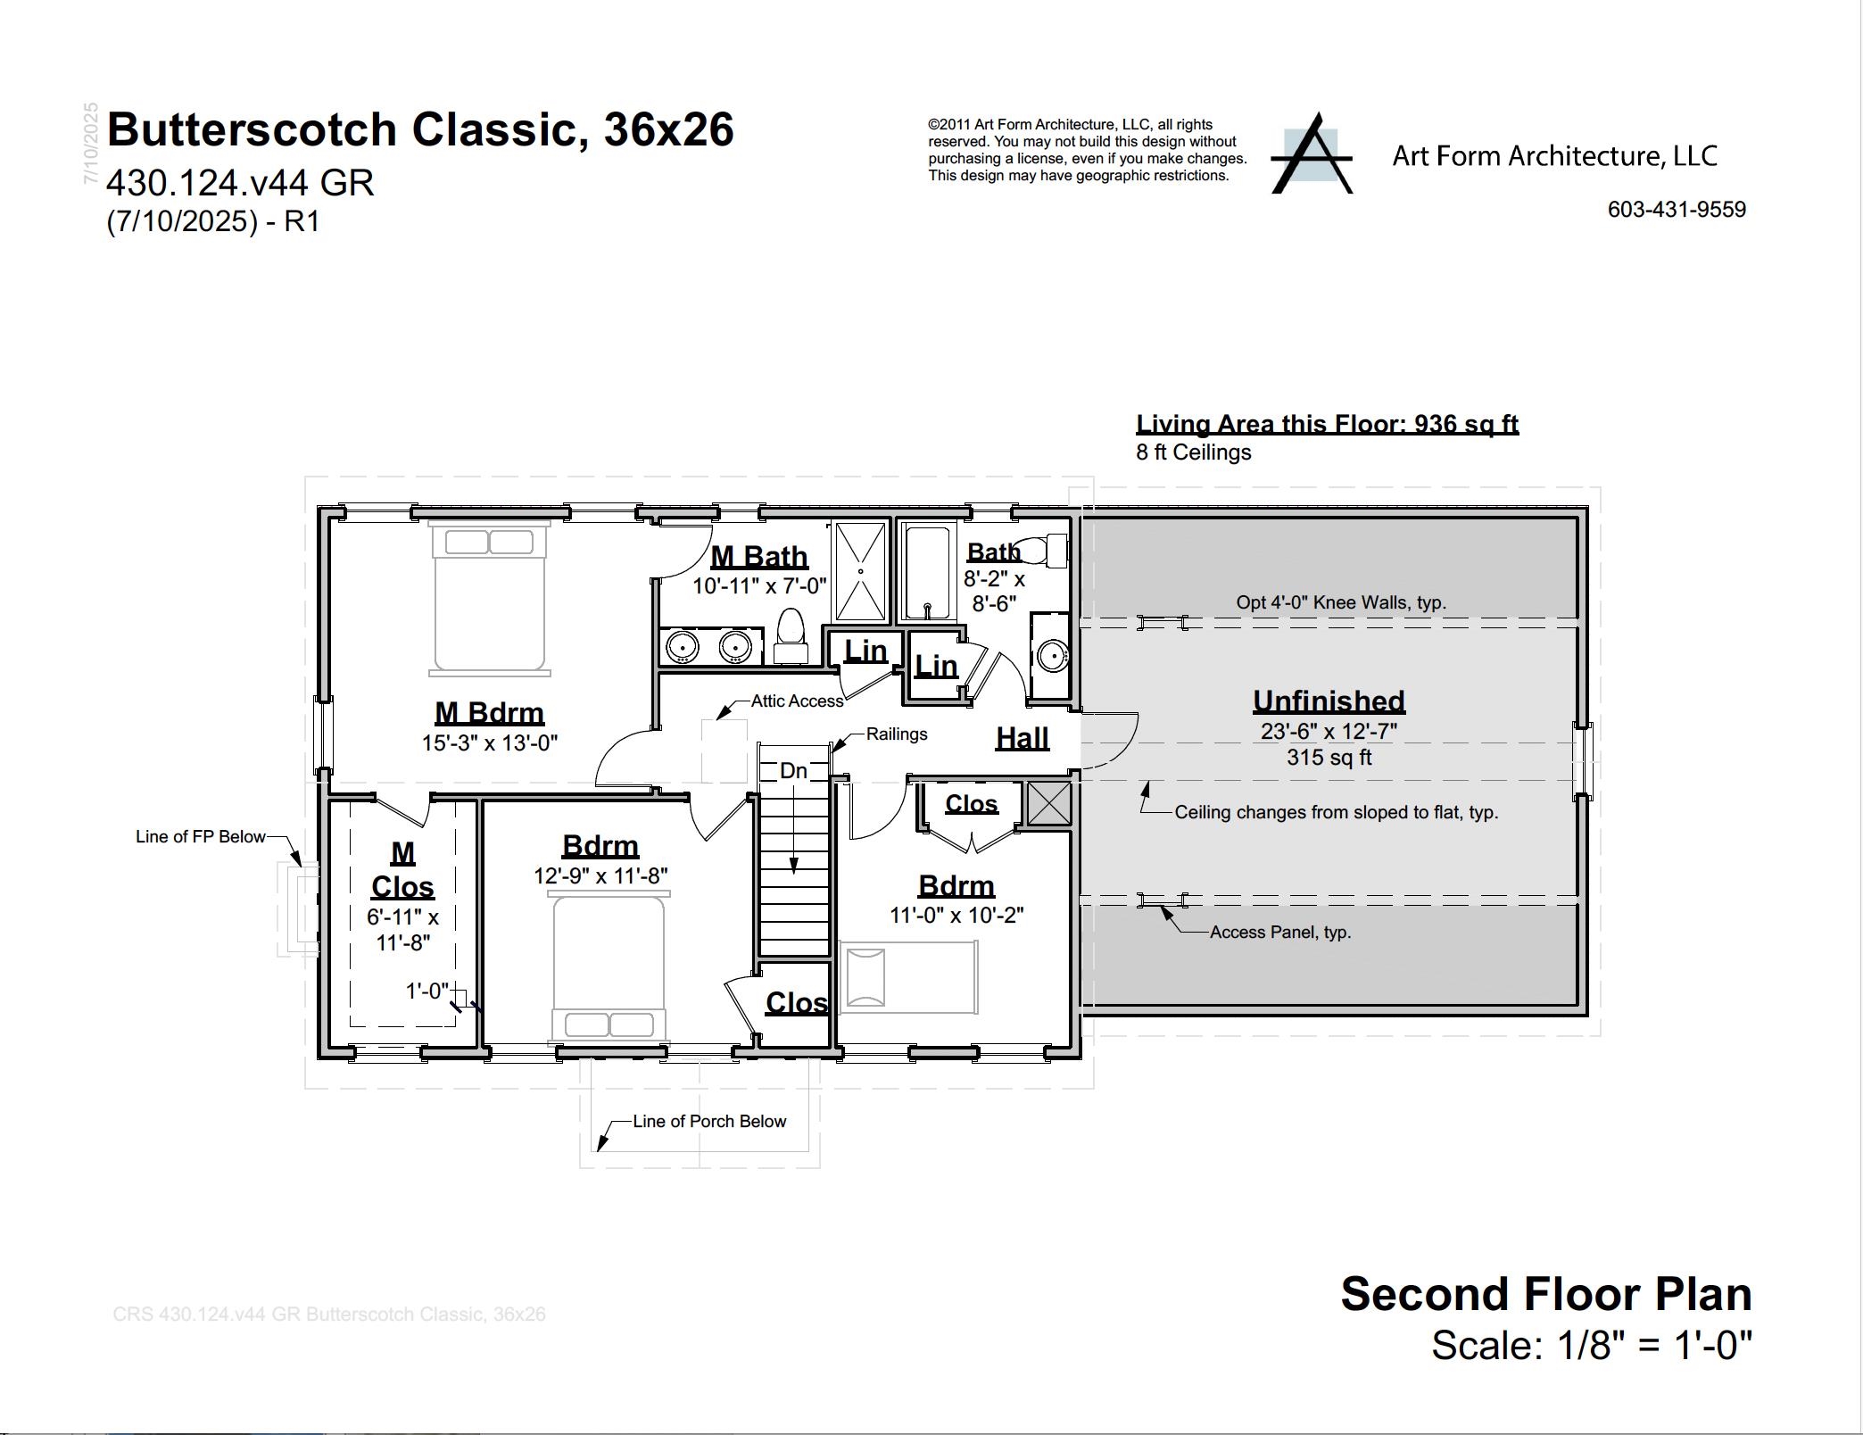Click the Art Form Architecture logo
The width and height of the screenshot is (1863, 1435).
pos(1312,154)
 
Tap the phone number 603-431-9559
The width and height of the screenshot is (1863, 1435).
pos(1677,210)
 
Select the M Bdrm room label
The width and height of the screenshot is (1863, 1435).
pos(489,713)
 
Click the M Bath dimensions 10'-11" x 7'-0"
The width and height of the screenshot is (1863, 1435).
pos(759,586)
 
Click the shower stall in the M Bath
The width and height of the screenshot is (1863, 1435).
pos(860,572)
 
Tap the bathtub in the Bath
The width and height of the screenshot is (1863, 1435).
pos(927,572)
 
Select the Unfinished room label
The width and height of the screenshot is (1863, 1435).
pos(1329,701)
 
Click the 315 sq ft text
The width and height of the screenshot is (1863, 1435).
pos(1329,758)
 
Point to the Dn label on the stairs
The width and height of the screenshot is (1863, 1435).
pos(793,771)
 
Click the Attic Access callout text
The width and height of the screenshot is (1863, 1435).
pos(797,701)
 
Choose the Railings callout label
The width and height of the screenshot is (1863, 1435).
pos(897,734)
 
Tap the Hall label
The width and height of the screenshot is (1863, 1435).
pos(1022,738)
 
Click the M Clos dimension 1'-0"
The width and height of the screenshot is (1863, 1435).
pos(427,991)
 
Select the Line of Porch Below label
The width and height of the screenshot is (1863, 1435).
pos(709,1122)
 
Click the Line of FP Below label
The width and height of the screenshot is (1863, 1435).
pos(200,837)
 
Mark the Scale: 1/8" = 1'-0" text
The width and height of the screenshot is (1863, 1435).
pos(1592,1346)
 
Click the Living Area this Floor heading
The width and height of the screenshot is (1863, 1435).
pos(1327,424)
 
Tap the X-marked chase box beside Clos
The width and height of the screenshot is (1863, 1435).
pos(1048,803)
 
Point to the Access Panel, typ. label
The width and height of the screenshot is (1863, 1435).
pos(1279,933)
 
